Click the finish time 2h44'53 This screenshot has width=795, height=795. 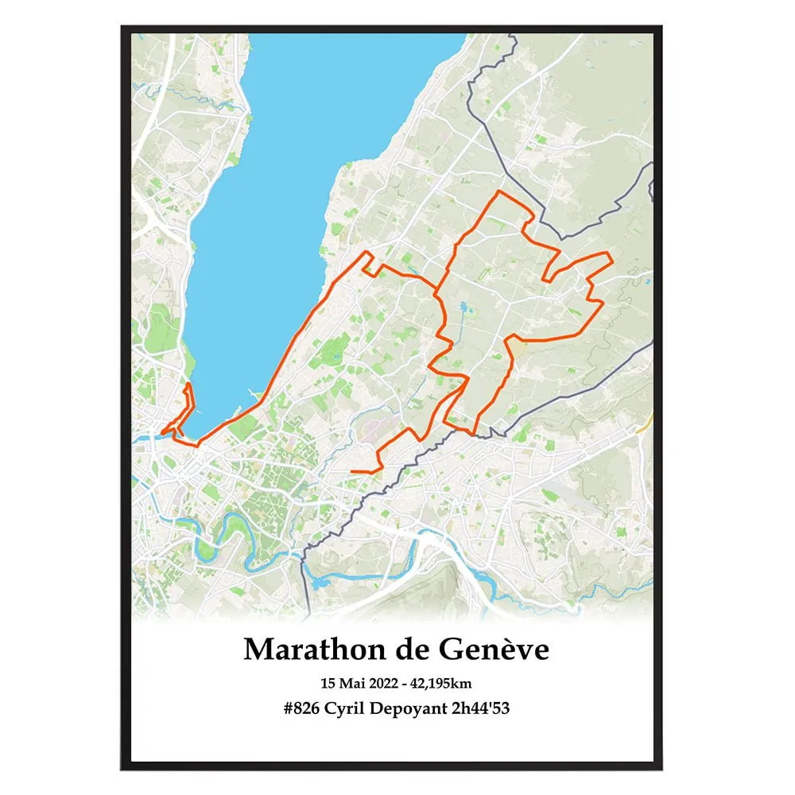[480, 708]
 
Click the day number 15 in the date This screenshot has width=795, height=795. [327, 683]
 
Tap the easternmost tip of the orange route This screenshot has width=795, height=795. [610, 255]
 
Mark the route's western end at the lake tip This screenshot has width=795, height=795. [162, 433]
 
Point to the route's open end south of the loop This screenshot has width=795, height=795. [352, 471]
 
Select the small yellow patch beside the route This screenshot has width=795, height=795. [518, 347]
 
